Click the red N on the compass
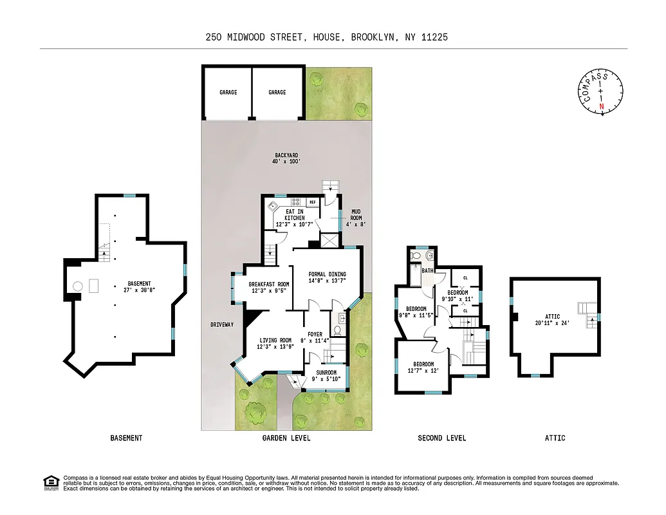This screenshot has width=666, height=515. coord(602,106)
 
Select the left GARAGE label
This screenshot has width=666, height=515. coord(228,93)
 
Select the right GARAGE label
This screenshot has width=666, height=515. coord(277,93)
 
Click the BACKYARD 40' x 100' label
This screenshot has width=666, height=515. coord(286,158)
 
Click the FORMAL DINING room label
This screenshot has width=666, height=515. coord(328,277)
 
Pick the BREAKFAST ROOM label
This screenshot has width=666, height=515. coord(269,287)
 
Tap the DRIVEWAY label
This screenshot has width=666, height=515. coord(221,324)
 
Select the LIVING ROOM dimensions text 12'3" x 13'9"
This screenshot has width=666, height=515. coord(275,348)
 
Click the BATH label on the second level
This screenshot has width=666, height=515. coord(428,271)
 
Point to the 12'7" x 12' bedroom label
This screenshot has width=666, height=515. coord(424,368)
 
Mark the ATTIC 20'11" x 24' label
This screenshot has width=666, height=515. coord(553,320)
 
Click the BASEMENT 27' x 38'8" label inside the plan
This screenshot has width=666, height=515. coord(140,286)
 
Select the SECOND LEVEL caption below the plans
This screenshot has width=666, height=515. coord(441,438)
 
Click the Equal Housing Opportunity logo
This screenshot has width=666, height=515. coord(50,482)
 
